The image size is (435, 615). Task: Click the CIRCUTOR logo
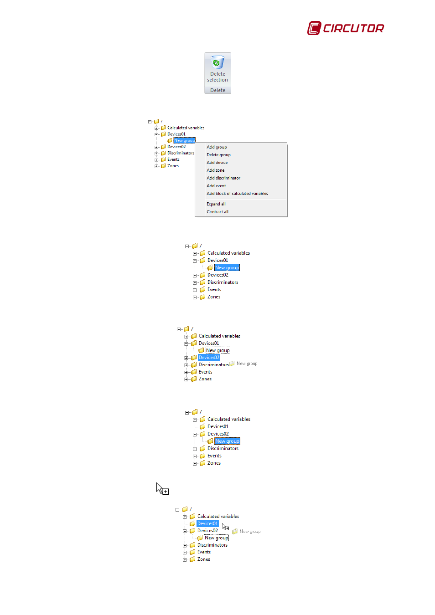346,28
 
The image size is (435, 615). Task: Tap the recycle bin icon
217,62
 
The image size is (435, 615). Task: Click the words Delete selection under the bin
217,77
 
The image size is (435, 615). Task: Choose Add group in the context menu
217,147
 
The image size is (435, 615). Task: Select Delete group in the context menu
218,155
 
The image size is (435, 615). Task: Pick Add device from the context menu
217,163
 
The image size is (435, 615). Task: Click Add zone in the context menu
215,170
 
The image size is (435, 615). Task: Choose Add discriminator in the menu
223,178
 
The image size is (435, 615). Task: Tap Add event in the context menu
216,186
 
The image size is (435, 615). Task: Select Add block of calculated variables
237,194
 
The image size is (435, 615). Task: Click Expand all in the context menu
216,204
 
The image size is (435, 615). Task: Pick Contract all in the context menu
217,212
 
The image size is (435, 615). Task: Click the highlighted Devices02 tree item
209,358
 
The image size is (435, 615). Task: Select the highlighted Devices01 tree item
207,523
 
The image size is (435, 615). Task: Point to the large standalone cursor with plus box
162,489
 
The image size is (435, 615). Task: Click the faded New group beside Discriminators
246,364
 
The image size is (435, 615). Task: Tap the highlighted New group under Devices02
227,441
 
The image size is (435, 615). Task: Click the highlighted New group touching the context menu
184,140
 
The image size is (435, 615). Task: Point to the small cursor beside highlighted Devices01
225,527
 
